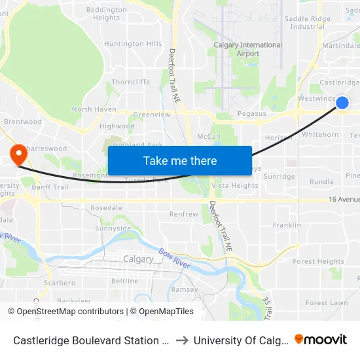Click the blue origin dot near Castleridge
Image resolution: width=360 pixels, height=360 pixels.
click(x=342, y=103)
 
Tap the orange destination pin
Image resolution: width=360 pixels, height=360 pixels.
click(x=18, y=154)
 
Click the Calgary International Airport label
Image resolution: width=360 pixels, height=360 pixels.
click(x=248, y=49)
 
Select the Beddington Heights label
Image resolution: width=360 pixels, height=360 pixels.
click(x=106, y=14)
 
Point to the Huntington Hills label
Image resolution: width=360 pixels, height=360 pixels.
click(x=133, y=44)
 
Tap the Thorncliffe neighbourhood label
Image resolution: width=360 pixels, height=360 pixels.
click(x=131, y=82)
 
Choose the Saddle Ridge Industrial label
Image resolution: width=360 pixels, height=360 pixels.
click(x=307, y=23)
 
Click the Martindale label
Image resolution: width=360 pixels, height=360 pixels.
click(x=341, y=45)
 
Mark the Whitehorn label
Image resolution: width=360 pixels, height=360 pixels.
click(x=320, y=134)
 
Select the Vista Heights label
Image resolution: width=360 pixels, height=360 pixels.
click(x=236, y=185)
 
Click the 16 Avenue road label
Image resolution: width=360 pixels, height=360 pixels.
click(x=344, y=200)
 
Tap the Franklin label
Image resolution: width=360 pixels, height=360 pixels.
click(x=287, y=225)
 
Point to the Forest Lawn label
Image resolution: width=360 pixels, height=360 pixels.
click(x=326, y=303)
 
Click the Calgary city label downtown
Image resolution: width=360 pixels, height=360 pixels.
click(x=139, y=259)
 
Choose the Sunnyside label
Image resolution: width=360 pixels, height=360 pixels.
click(x=113, y=228)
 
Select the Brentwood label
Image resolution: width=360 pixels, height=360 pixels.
click(x=23, y=121)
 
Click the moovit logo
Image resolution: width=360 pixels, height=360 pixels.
click(x=321, y=339)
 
